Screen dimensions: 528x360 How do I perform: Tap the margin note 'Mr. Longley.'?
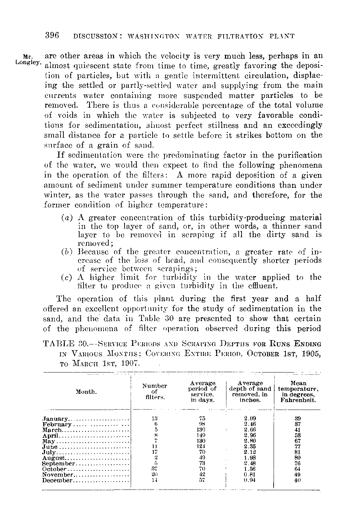click(x=26, y=59)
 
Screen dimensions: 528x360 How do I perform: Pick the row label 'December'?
click(x=58, y=480)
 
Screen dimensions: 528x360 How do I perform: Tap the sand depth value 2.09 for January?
click(x=250, y=419)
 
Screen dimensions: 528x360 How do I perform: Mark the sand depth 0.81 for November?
click(x=250, y=474)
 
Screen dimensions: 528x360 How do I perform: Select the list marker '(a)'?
click(x=66, y=218)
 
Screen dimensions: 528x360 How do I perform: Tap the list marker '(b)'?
click(x=66, y=251)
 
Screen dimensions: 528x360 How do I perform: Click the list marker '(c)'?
click(x=66, y=277)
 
